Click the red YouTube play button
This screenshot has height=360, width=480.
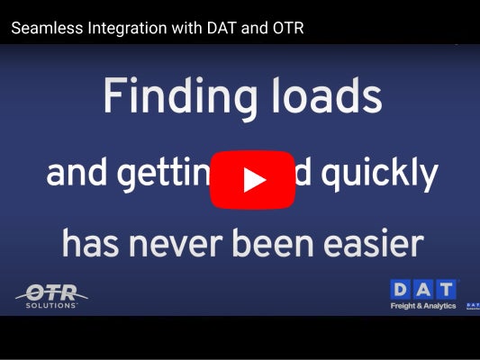pos(253,179)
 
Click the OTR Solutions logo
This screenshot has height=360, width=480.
pos(51,294)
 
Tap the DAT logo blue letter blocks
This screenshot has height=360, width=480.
pos(423,290)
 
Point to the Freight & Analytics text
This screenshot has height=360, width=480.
pos(423,306)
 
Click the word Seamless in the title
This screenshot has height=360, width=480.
pos(44,28)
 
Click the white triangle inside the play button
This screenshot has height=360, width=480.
pos(255,179)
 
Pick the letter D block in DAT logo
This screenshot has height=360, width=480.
pos(402,290)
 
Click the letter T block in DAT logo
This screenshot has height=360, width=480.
pos(446,290)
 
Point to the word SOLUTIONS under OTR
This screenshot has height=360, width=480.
pos(53,305)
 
